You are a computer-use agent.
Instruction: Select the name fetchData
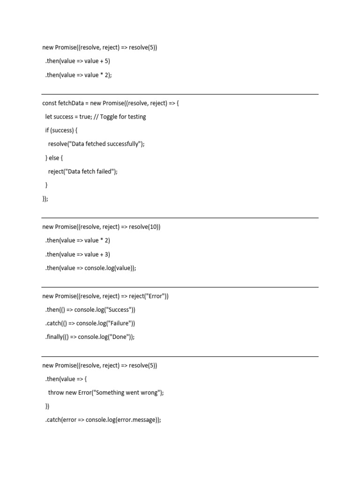71,103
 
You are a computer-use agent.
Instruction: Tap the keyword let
48,117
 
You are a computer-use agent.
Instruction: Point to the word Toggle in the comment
109,117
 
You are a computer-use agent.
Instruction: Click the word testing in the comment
136,117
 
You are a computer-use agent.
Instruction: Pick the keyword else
56,158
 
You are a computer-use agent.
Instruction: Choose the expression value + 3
97,255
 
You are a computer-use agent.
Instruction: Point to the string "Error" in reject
155,296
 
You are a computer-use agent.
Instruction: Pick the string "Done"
120,337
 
